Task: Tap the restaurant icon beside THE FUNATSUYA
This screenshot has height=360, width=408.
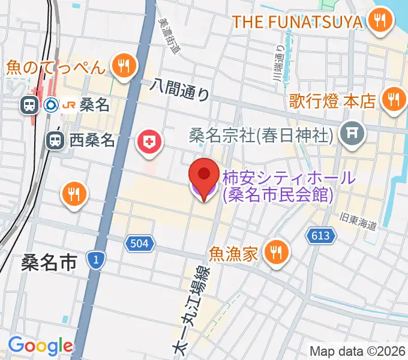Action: click(x=379, y=22)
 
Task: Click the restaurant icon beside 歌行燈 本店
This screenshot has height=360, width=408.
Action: click(x=394, y=99)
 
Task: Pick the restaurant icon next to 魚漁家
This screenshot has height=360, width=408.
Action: click(x=276, y=253)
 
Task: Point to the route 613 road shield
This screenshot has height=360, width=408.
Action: click(x=320, y=236)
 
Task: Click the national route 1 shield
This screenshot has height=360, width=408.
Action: click(x=95, y=259)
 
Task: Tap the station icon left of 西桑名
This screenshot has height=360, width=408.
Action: click(x=55, y=141)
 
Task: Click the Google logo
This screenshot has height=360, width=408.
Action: click(x=40, y=346)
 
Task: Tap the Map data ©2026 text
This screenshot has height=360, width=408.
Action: click(x=358, y=351)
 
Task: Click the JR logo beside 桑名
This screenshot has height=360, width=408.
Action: click(x=68, y=106)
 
